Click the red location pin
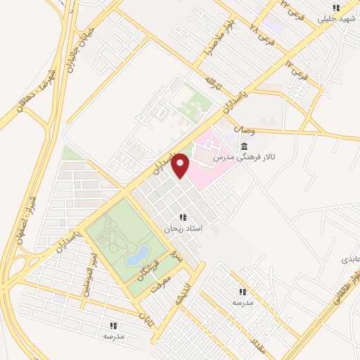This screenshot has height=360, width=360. pos(181,165)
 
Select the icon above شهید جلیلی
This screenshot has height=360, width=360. pos(337,8)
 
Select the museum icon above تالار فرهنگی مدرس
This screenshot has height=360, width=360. pos(244,146)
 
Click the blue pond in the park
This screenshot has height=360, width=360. pos(138,255)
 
